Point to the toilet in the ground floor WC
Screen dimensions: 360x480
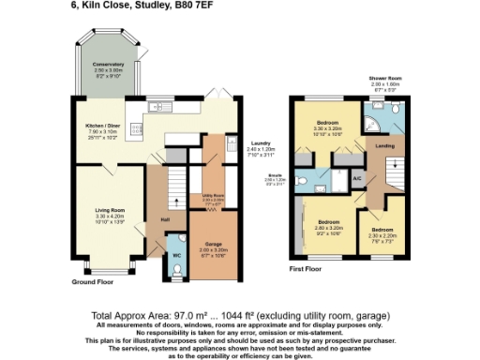pyautogui.click(x=177, y=269)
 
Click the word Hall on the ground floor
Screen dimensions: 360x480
pyautogui.click(x=165, y=220)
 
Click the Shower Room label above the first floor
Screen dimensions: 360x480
pyautogui.click(x=383, y=78)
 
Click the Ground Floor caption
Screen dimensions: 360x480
pyautogui.click(x=93, y=282)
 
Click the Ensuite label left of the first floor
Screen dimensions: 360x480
pyautogui.click(x=277, y=173)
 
